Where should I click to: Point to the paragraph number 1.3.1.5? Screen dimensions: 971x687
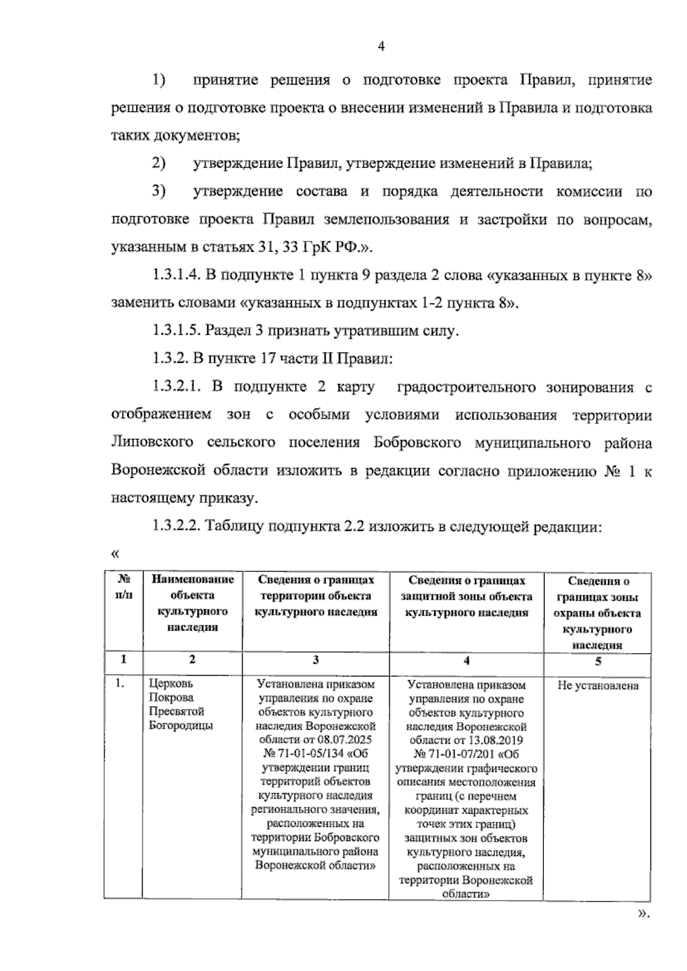click(x=175, y=331)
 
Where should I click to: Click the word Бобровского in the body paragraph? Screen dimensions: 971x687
click(x=417, y=443)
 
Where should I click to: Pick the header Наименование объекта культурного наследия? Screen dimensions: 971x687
click(x=192, y=603)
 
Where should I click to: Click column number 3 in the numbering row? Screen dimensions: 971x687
click(x=315, y=660)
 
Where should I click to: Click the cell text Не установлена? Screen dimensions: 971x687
click(x=598, y=685)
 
